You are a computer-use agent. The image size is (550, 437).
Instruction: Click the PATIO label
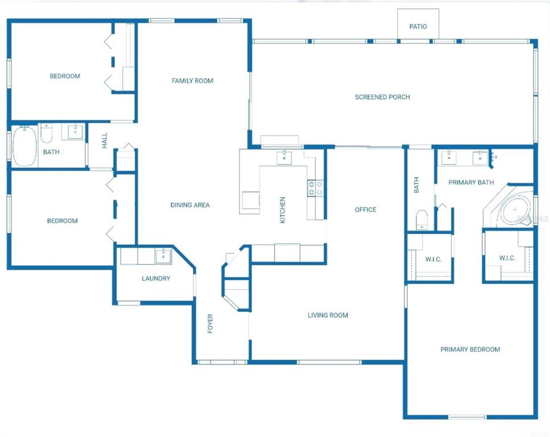point(418,27)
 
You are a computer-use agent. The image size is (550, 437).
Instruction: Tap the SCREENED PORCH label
point(382,97)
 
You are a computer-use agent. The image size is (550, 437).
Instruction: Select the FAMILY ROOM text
point(193,81)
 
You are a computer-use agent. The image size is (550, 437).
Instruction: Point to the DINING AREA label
point(190,205)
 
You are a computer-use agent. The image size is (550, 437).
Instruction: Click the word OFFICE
point(366,209)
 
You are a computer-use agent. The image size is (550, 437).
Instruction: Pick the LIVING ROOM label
point(328,315)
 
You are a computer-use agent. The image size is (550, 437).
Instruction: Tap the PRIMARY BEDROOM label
point(470,349)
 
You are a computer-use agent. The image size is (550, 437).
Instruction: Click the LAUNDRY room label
point(156,278)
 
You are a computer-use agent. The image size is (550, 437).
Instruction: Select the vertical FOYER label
point(210,323)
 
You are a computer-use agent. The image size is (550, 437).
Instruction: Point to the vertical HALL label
point(105,141)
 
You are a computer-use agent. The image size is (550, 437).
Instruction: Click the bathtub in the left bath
point(24,146)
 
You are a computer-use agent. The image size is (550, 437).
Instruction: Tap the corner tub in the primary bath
point(515,210)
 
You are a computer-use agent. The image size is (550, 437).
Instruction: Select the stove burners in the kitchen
point(315,188)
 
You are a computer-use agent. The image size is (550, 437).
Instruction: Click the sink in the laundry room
point(163,255)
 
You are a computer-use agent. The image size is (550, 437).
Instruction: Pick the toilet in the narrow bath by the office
point(421,220)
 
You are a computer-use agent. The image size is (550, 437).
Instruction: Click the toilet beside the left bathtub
point(46,133)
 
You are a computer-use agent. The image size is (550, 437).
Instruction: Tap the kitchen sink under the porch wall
point(284,158)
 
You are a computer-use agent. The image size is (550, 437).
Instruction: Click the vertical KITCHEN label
point(282,210)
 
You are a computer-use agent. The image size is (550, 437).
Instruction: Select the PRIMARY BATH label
point(471,183)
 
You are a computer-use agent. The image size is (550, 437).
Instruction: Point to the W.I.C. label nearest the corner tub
point(507,258)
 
